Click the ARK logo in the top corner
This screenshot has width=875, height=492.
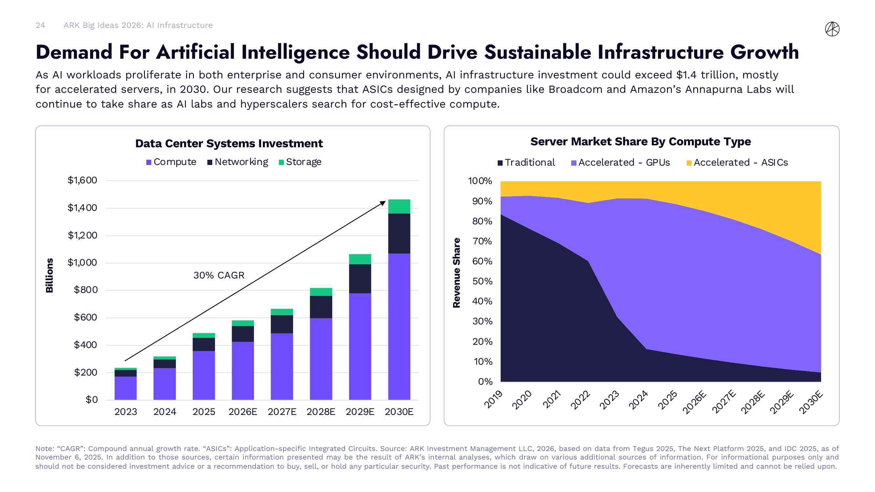(832, 29)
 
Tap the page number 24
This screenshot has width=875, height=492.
(40, 25)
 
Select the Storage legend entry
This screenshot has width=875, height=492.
(300, 162)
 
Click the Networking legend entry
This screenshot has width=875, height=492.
(238, 162)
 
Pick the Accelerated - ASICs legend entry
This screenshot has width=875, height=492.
(737, 163)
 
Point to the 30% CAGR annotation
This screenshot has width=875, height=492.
(219, 275)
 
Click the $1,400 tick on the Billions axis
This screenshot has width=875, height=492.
(82, 208)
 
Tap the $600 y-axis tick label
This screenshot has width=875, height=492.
(86, 317)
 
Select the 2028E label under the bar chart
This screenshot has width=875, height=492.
(321, 412)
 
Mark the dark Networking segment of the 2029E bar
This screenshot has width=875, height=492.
(360, 278)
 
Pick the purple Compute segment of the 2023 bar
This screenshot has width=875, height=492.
(125, 388)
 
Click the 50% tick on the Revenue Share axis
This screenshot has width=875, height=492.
(482, 281)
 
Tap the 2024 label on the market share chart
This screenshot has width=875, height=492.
(638, 400)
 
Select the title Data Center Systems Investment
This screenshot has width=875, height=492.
(229, 143)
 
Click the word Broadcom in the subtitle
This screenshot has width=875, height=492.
(575, 89)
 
